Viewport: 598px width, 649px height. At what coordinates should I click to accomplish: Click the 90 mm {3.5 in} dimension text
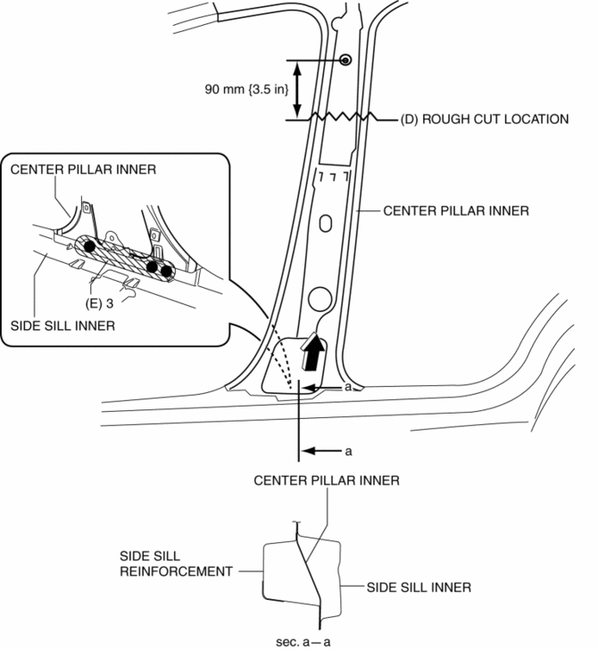point(246,89)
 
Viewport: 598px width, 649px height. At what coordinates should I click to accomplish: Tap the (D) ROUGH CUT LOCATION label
point(484,119)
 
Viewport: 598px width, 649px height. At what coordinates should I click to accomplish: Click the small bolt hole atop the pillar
point(345,61)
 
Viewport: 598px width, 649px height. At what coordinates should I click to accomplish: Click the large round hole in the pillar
point(320,299)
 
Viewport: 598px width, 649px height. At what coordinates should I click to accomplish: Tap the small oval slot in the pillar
point(326,224)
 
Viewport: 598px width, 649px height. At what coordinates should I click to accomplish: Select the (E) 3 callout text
point(99,303)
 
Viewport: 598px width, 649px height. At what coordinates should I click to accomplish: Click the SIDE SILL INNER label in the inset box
point(62,325)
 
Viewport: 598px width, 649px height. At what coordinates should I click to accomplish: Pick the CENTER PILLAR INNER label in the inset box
point(83,169)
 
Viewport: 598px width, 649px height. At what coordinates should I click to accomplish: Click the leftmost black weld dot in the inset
point(89,246)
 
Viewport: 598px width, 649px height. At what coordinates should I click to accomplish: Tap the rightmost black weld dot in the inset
point(166,272)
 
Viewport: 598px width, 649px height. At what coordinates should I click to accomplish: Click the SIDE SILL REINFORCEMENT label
point(176,563)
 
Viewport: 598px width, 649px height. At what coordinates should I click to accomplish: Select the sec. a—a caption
point(303,642)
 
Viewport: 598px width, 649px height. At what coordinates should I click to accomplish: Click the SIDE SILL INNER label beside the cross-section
point(419,587)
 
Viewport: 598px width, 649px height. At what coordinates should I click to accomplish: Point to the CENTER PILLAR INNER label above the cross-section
point(327,481)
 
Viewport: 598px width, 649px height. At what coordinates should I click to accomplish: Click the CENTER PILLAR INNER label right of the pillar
point(456,210)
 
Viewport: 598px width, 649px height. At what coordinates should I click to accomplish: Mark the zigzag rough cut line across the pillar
point(342,117)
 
